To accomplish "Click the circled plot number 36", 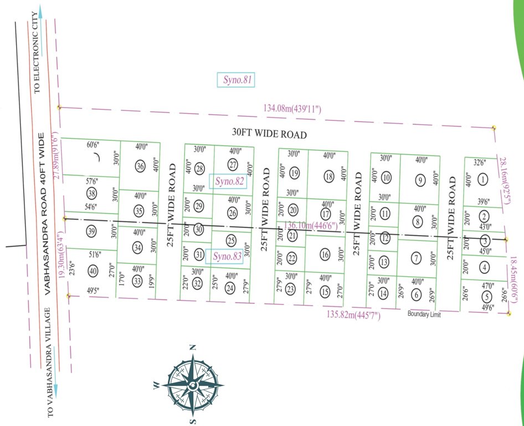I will [x=140, y=167].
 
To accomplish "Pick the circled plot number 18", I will [x=329, y=177].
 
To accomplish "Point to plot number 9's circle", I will [x=420, y=180].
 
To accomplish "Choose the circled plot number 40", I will [x=93, y=271].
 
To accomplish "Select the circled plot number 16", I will [x=325, y=255].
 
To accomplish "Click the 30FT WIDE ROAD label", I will [x=269, y=134].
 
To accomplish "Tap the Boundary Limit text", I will [x=424, y=315].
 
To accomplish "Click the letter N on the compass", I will [x=193, y=348].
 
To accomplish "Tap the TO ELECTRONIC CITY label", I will [x=38, y=51].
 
